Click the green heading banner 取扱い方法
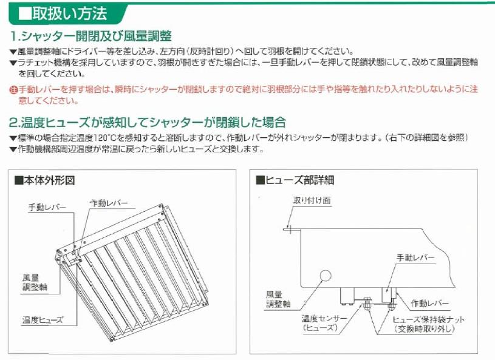[66, 13]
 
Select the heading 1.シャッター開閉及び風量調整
[91, 36]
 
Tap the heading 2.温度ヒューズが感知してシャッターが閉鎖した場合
[148, 123]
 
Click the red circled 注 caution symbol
[13, 90]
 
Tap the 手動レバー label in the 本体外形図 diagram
[47, 207]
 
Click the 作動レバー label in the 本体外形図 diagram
[109, 203]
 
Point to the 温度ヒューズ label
[43, 320]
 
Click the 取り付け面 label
[312, 200]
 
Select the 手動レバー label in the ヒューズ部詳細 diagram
[415, 257]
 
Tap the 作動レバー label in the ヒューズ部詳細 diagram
[429, 303]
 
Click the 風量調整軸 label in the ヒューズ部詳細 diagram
[278, 299]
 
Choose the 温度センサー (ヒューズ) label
[324, 323]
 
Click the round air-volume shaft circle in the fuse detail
[325, 276]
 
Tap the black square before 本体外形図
[19, 181]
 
